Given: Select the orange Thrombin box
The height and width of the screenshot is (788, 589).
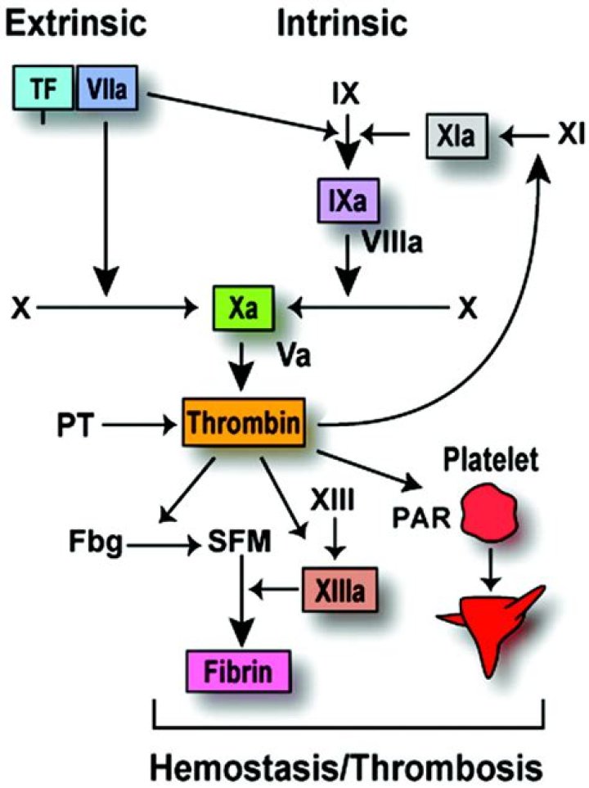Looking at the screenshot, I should pos(244,423).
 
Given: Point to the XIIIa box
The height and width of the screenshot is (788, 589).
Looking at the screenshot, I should pos(338,588).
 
